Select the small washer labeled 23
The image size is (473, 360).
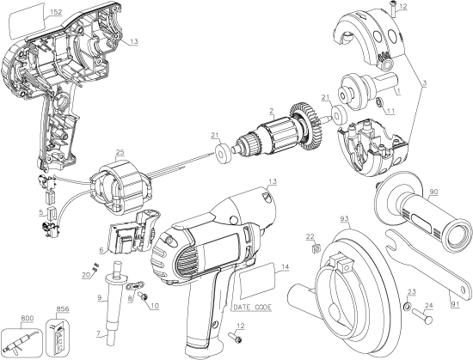point(404,306)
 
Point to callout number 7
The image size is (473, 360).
point(98,333)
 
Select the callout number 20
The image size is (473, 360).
point(86,274)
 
